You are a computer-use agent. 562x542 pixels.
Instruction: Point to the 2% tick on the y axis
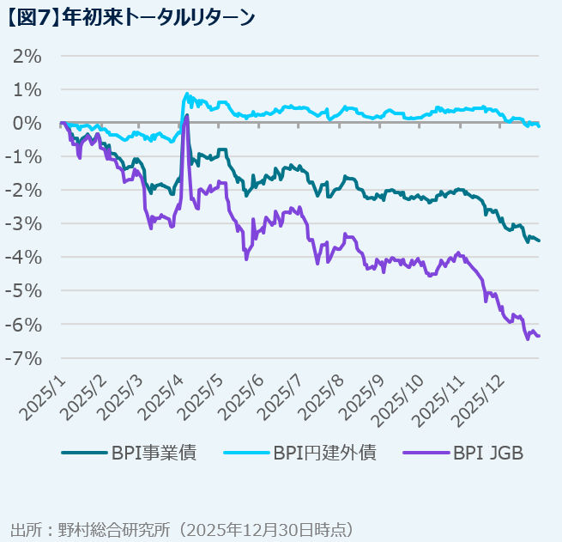tap(27, 57)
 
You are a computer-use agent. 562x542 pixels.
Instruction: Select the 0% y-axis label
tap(27, 124)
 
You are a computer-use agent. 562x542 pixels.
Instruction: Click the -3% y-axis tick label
tap(23, 224)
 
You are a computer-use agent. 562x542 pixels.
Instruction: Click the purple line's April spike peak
tap(187, 114)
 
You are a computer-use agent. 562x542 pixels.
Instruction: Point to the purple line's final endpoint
tap(539, 336)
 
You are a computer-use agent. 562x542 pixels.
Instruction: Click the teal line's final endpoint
tap(539, 241)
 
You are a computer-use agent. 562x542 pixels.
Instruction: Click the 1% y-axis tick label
tap(27, 90)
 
